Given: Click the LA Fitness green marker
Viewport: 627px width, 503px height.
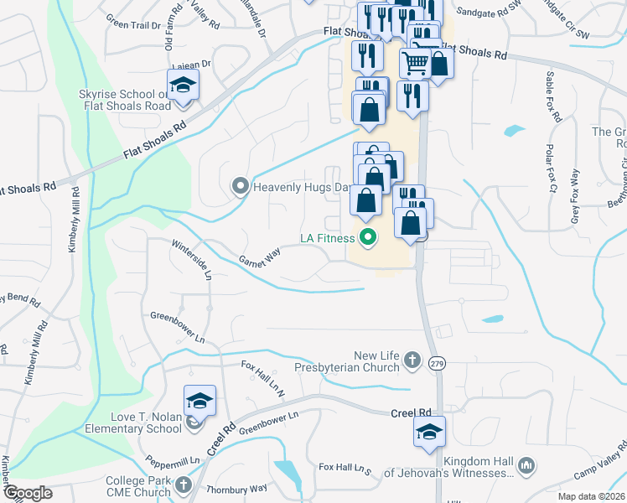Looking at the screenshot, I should (x=367, y=238).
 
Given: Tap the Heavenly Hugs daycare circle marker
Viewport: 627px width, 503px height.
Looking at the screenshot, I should (x=241, y=186).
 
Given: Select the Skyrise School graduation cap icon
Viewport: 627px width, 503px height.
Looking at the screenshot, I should (x=182, y=85).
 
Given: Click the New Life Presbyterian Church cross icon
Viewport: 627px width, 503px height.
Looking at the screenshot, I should (x=411, y=360).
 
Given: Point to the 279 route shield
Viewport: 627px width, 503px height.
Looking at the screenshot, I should (x=435, y=363).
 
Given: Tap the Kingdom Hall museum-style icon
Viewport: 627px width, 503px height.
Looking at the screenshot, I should (x=526, y=464).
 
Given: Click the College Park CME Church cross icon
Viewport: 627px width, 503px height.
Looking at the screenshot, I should (x=184, y=485).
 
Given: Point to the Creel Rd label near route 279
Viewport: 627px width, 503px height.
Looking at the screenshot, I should (x=410, y=413).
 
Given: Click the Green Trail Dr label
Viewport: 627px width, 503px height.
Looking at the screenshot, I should (x=134, y=25).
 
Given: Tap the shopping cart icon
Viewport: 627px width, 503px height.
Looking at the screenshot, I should (x=414, y=60).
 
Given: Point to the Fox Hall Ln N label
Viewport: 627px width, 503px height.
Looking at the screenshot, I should (x=264, y=373).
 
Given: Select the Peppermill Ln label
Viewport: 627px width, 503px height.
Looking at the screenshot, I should (x=173, y=460).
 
